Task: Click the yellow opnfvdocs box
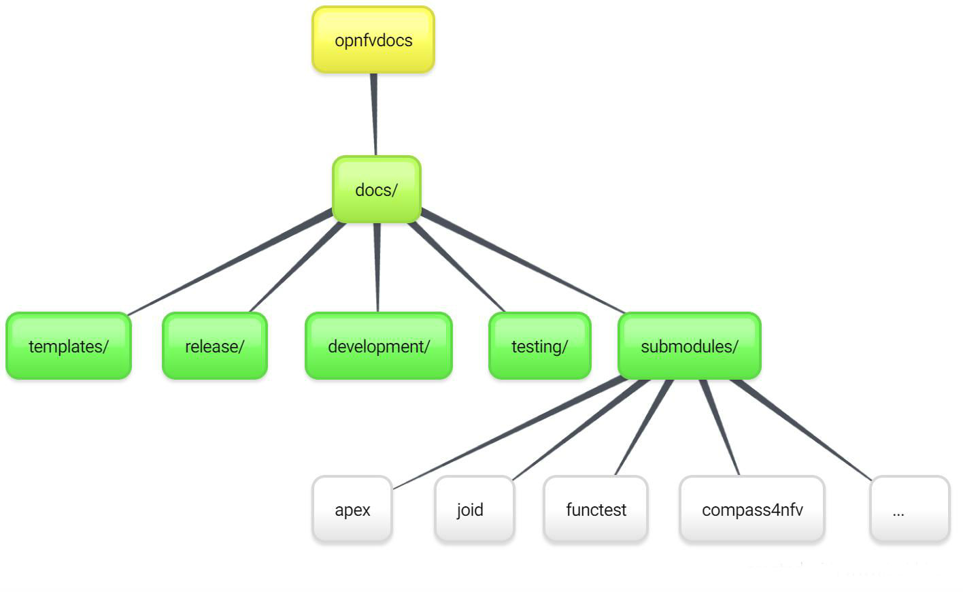click(373, 40)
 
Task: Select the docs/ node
click(376, 190)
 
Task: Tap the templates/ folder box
click(69, 346)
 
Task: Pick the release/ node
click(215, 346)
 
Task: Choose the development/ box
click(379, 346)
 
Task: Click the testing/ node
click(540, 346)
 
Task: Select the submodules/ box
click(689, 346)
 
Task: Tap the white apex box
click(352, 510)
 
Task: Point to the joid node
click(474, 510)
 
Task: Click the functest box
click(596, 510)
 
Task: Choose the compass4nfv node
click(752, 510)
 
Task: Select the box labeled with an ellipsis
click(909, 510)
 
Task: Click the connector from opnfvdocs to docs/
click(374, 114)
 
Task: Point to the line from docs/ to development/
click(377, 267)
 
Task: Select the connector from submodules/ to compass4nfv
click(720, 427)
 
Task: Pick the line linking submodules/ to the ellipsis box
click(801, 429)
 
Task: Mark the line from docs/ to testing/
click(456, 266)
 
